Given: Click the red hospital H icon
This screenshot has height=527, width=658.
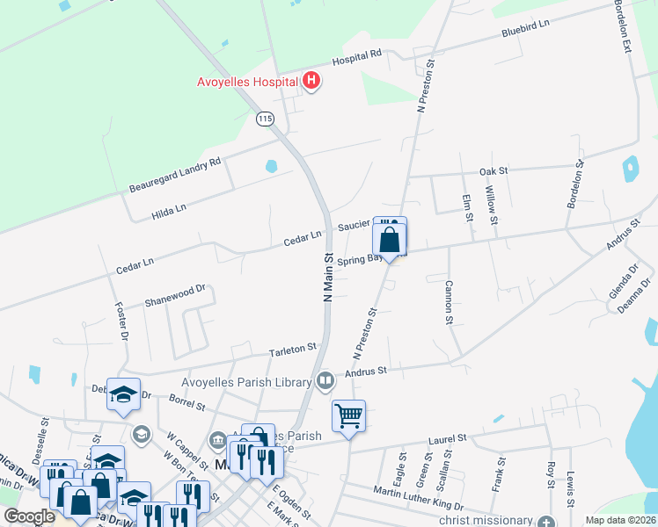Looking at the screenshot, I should [311, 82].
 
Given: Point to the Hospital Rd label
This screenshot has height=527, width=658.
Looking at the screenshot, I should [356, 58].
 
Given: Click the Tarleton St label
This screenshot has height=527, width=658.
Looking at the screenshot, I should [293, 350].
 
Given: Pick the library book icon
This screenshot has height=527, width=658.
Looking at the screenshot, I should [325, 381].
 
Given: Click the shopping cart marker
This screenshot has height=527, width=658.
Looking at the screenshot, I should [348, 416].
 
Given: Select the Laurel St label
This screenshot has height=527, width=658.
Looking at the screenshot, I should [447, 437].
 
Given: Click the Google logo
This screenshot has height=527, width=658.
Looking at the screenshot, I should [30, 516].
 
